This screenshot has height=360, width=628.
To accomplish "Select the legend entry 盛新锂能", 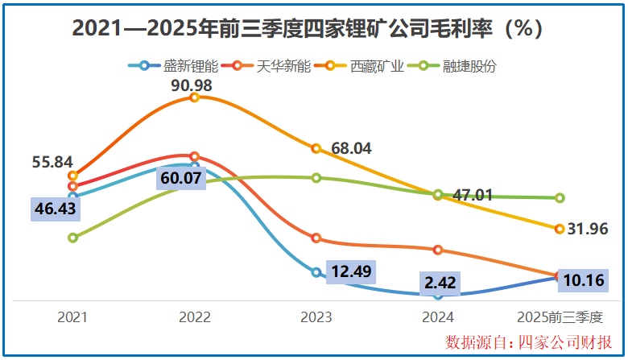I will [x=176, y=66].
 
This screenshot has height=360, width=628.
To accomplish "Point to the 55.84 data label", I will [x=53, y=162].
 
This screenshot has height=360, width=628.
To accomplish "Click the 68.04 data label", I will [x=352, y=148].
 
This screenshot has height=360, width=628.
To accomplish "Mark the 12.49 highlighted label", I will [x=351, y=271].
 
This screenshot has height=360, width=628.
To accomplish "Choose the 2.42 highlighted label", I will [x=439, y=283].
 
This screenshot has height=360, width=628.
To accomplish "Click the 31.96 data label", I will [x=586, y=229].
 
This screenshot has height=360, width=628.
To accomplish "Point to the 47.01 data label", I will [x=472, y=194].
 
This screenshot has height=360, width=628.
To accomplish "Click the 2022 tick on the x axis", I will [x=194, y=317].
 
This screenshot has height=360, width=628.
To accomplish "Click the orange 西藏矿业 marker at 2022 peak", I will [x=194, y=97].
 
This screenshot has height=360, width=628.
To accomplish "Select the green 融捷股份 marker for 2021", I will [x=73, y=238].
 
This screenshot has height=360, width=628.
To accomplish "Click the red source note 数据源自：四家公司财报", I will [x=528, y=341].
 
